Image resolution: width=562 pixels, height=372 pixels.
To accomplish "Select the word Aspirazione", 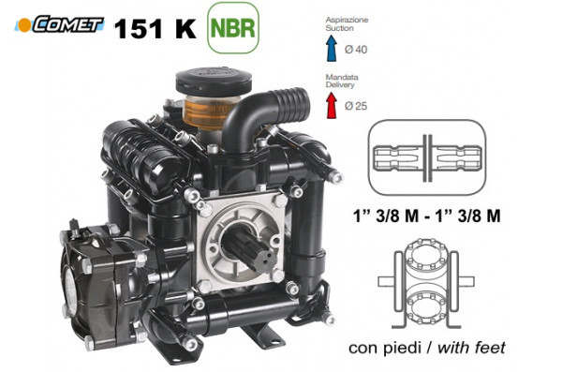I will click(x=346, y=20).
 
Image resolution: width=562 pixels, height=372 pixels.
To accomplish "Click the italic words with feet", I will click(x=473, y=348).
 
